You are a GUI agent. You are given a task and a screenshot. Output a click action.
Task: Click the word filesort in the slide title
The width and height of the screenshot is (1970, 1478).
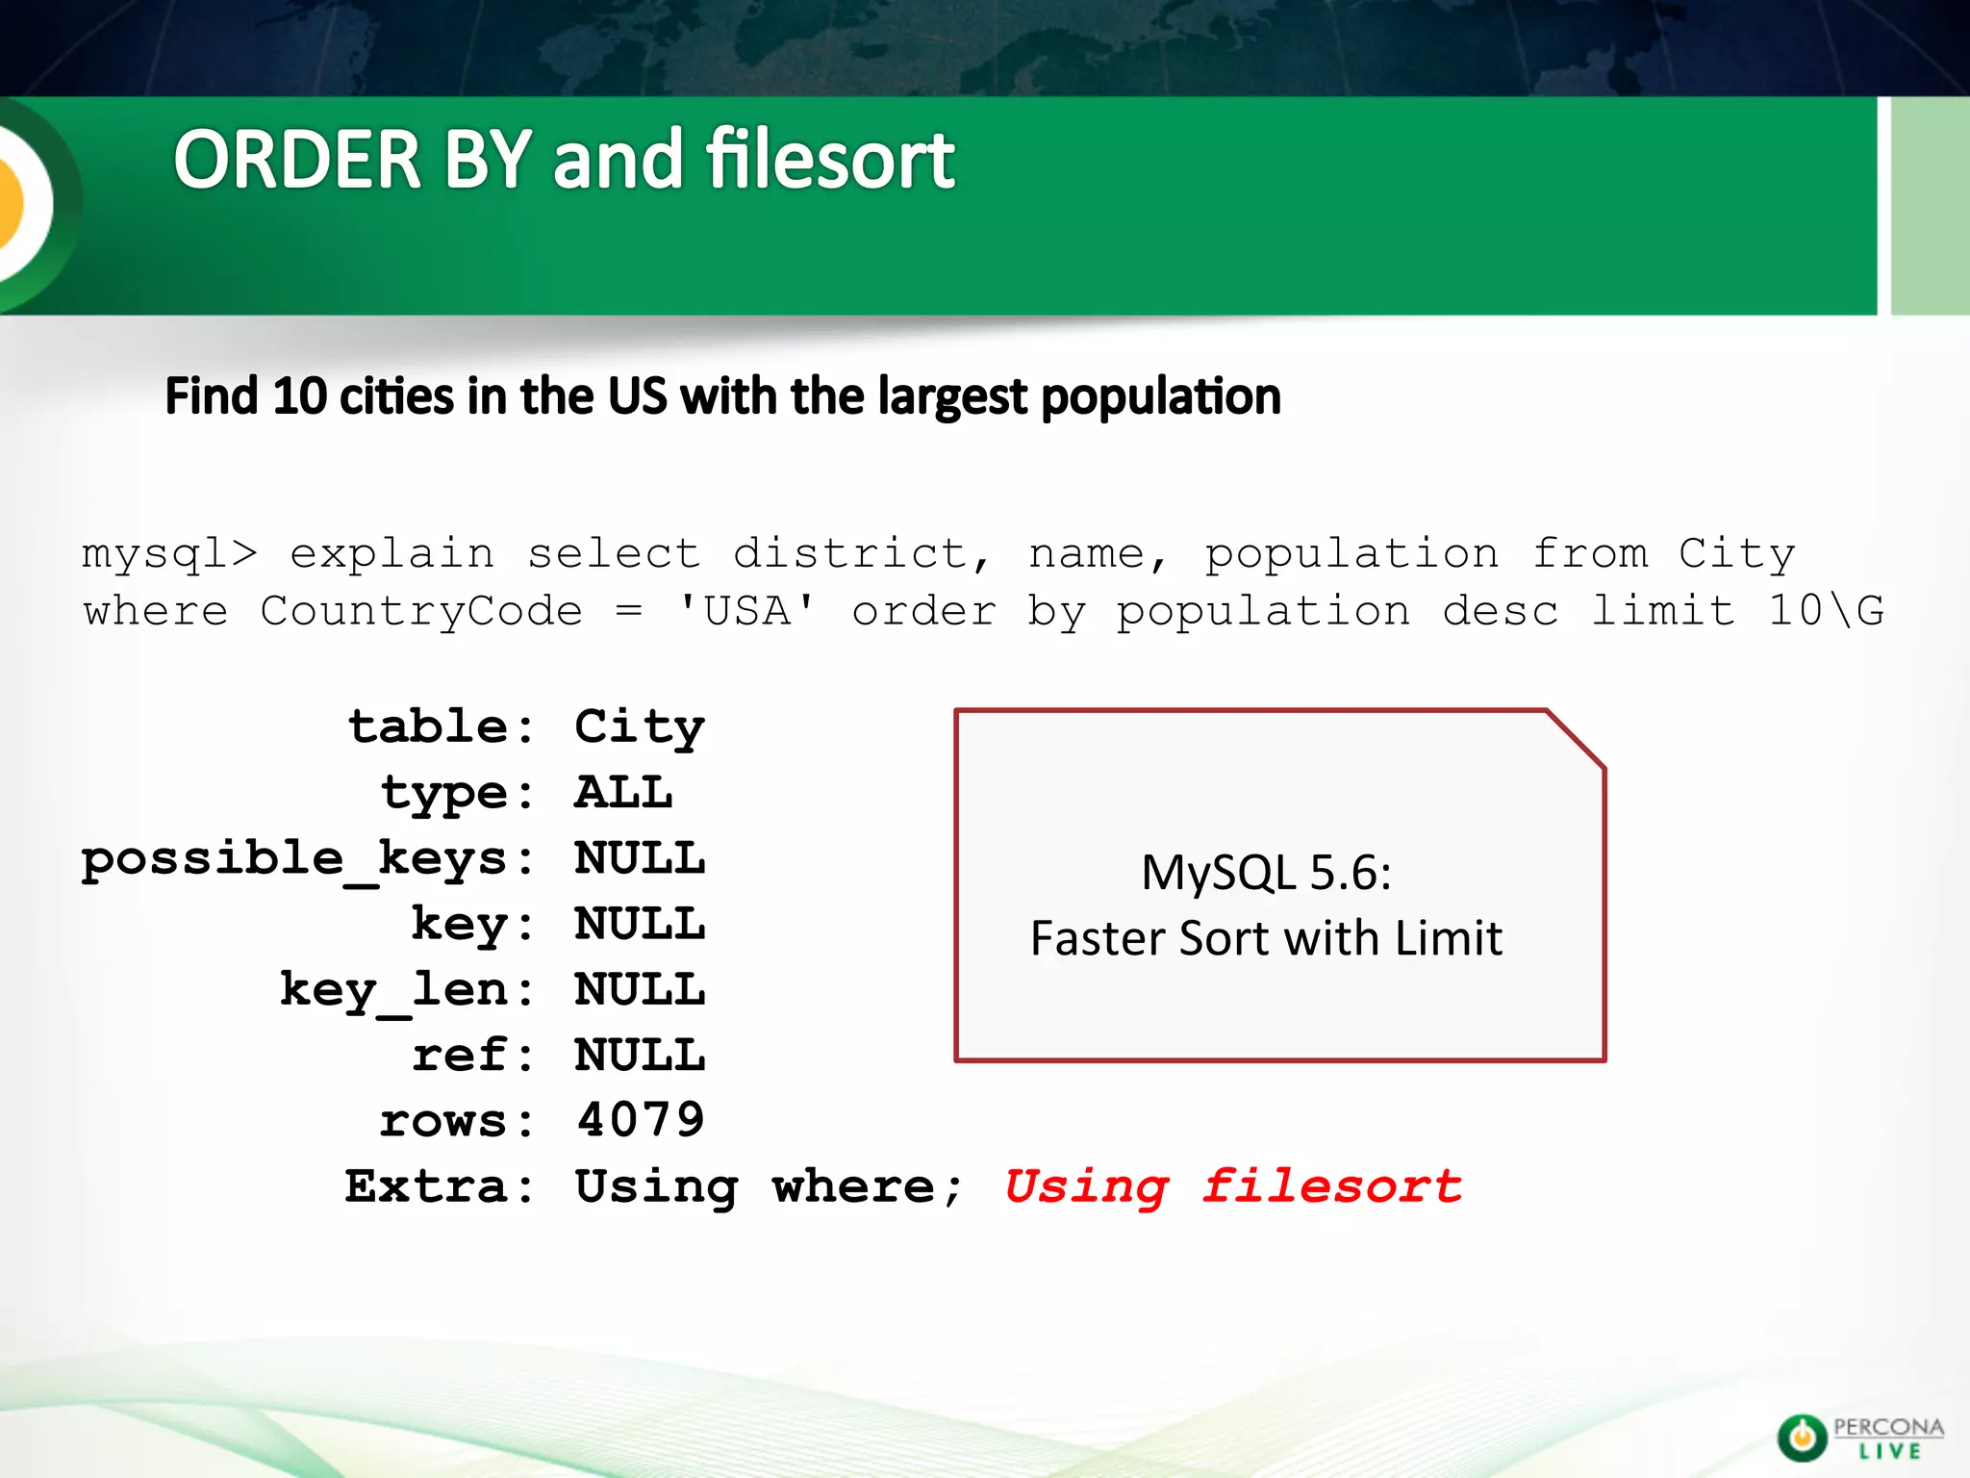[830, 160]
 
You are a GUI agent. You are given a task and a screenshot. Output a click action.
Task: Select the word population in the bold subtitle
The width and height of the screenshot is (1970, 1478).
[1161, 396]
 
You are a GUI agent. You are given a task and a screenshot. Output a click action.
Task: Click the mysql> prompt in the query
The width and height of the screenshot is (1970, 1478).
[169, 554]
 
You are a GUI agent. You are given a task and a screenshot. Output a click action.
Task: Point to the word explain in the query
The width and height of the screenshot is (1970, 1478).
[392, 554]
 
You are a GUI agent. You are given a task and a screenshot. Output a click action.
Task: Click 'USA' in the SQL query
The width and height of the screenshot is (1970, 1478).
[746, 612]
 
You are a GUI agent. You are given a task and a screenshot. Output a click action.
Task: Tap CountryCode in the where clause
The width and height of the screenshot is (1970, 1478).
[421, 612]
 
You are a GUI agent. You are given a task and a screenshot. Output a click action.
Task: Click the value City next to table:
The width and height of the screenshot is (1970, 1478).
[640, 727]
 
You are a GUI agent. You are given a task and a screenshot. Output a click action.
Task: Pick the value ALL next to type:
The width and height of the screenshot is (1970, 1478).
[623, 793]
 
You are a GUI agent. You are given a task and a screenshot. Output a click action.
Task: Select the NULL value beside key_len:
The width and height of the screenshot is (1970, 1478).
[640, 990]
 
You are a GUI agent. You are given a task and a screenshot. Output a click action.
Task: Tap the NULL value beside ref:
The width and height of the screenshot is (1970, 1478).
[640, 1056]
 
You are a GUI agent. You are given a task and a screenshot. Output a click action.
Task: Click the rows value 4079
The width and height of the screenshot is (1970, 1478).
[640, 1121]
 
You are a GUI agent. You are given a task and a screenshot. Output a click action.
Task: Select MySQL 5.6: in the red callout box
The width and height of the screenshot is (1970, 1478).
[1266, 873]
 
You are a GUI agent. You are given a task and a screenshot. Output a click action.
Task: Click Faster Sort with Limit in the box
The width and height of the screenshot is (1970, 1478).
[1266, 938]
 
